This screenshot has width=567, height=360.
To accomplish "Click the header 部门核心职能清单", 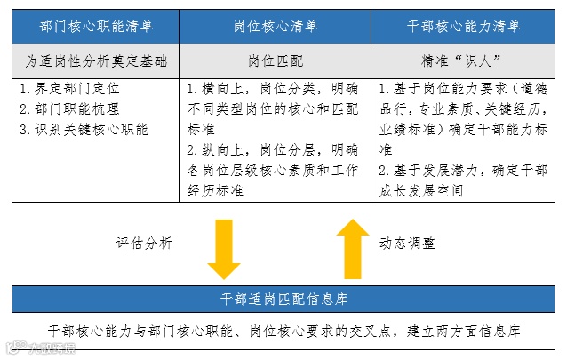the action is pos(94,28).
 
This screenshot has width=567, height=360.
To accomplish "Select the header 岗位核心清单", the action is pos(275,28).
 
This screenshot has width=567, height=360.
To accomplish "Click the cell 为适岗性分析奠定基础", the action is pos(95,62).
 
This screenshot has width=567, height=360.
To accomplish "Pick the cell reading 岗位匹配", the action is pos(275,62).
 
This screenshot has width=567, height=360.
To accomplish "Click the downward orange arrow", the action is pos(223,252).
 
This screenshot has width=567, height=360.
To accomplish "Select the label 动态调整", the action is pos(409,242).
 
